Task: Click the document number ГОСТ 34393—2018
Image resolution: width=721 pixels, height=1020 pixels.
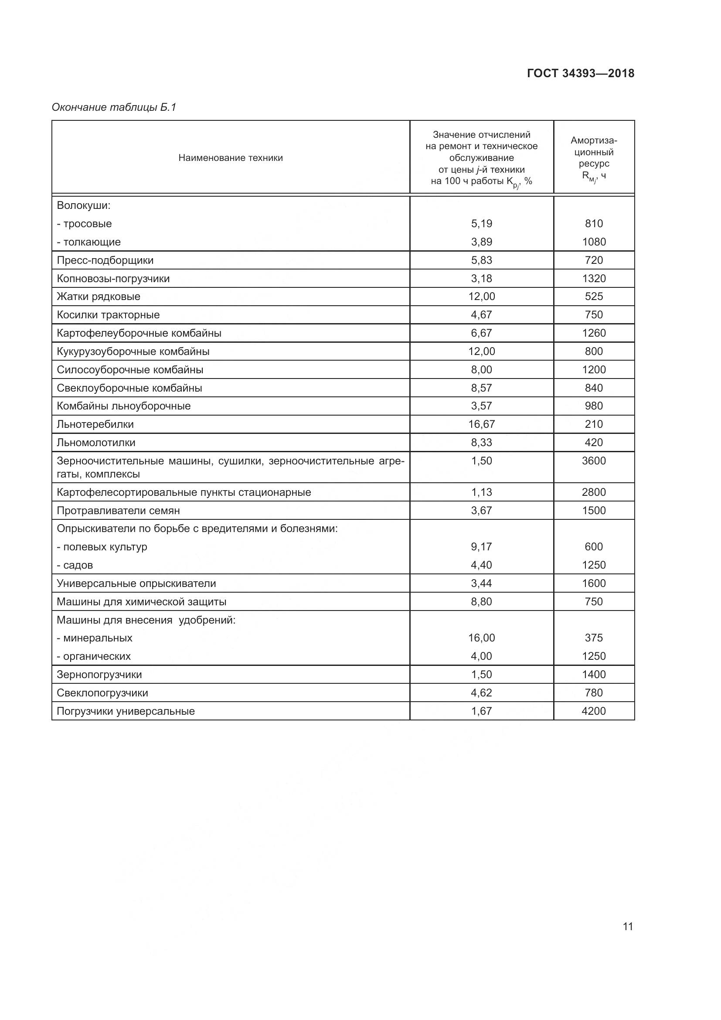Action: [x=580, y=73]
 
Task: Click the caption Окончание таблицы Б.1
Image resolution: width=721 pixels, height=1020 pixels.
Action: [x=114, y=107]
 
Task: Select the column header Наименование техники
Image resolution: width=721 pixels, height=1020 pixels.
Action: [x=231, y=158]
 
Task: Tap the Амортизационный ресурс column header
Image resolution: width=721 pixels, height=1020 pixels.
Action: [x=594, y=158]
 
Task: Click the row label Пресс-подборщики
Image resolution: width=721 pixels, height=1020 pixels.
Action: [x=105, y=260]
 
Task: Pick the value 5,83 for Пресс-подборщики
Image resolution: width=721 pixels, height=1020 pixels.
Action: [x=481, y=260]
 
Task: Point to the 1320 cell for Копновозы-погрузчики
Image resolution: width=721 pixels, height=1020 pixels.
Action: [x=594, y=279]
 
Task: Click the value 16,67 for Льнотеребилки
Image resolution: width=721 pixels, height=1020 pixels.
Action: [x=481, y=424]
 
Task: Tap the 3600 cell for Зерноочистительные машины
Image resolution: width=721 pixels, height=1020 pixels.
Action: [x=594, y=461]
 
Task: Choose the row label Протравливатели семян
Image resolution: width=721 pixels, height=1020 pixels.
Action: [x=118, y=511]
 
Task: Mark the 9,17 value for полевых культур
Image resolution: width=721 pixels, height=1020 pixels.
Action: [x=481, y=547]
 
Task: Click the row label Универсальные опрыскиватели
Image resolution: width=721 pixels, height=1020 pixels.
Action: [x=136, y=583]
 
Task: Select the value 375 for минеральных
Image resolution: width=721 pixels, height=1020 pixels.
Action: [x=594, y=638]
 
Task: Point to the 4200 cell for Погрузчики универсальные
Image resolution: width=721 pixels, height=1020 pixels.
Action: [x=594, y=711]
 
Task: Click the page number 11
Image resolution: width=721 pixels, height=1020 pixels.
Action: [x=627, y=926]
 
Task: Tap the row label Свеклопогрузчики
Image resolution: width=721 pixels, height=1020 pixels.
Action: [x=102, y=693]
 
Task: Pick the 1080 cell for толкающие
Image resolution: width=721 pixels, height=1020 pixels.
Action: [x=594, y=242]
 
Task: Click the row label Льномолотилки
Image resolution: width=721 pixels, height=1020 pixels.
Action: [x=96, y=443]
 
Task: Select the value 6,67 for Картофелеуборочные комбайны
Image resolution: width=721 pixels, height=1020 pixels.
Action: [x=481, y=333]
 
